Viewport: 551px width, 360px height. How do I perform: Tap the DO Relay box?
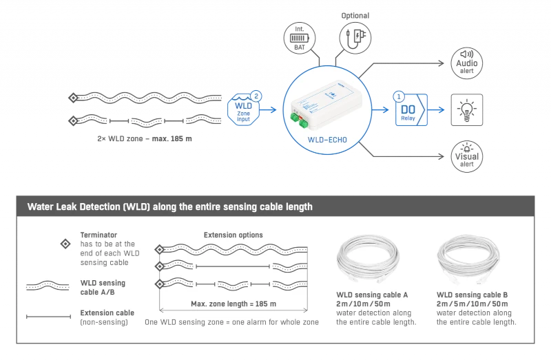(x=408, y=109)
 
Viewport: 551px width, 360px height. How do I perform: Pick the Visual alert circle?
(x=467, y=156)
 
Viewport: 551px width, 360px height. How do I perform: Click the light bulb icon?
(x=467, y=109)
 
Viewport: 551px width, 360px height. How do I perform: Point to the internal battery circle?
(x=300, y=37)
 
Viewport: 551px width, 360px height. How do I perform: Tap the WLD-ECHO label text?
(x=328, y=146)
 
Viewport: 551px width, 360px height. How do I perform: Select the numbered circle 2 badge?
(x=256, y=96)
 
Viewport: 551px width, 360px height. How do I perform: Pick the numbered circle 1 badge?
(x=399, y=97)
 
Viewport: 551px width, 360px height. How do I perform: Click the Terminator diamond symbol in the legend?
(x=65, y=244)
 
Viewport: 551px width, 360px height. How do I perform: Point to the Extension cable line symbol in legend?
(x=48, y=317)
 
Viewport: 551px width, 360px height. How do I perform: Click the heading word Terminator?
(x=98, y=234)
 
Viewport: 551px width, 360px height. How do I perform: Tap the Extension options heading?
(x=233, y=235)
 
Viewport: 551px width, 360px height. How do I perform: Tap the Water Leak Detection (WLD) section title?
(x=169, y=207)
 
